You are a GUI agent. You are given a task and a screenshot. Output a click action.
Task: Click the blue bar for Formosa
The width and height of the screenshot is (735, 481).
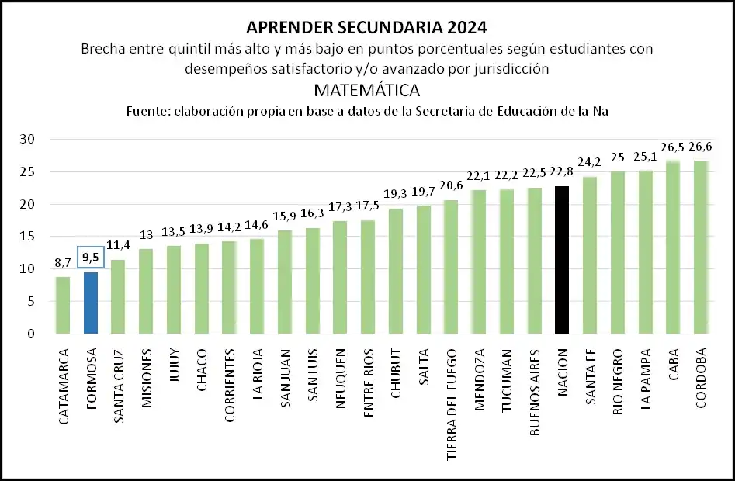(x=91, y=303)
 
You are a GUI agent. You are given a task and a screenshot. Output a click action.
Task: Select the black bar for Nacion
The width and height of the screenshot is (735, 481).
(x=562, y=260)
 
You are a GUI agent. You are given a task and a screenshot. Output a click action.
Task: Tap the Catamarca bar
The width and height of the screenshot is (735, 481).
(x=63, y=306)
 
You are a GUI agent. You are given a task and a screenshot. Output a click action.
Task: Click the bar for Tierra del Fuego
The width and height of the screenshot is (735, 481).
(x=451, y=267)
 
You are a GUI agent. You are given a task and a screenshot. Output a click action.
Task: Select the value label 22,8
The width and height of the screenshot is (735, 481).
(x=562, y=172)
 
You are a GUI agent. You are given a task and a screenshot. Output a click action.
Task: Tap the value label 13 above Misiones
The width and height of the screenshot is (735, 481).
(x=147, y=236)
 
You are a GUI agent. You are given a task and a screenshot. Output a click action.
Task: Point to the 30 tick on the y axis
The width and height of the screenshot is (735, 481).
(x=29, y=140)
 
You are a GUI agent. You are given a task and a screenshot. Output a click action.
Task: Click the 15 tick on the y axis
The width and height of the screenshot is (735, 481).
(x=29, y=237)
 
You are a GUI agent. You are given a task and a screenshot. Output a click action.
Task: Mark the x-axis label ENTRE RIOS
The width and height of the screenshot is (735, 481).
(x=369, y=380)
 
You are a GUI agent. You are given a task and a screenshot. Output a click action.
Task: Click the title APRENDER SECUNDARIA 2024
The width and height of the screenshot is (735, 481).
(x=366, y=28)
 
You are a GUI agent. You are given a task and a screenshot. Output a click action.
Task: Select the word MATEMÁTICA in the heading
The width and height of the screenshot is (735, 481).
(x=367, y=89)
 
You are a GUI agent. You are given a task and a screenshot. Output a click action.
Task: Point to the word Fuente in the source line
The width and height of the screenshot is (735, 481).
(x=148, y=111)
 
